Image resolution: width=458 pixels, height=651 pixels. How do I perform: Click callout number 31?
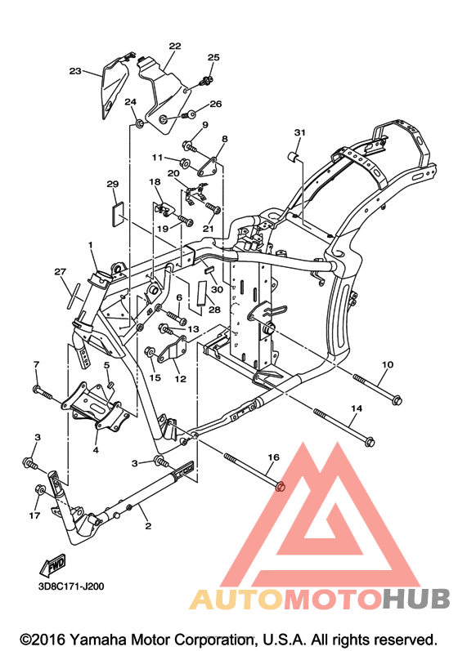pos(299,132)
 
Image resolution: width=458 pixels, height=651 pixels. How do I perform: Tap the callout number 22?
pos(175,46)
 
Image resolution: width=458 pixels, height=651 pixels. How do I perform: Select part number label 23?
pos(75,71)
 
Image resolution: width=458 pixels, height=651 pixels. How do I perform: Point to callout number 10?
pos(388,364)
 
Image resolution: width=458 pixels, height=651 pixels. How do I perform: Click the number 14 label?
pos(356,408)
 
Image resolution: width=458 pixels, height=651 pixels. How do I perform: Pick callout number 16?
pos(273,457)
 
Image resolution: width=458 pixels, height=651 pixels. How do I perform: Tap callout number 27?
pos(61,272)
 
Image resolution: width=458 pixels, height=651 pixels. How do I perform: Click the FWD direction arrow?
pos(52,565)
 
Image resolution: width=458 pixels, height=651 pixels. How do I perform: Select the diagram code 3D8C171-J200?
pos(71,586)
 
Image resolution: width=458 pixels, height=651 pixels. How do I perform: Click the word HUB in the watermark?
pos(416,599)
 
